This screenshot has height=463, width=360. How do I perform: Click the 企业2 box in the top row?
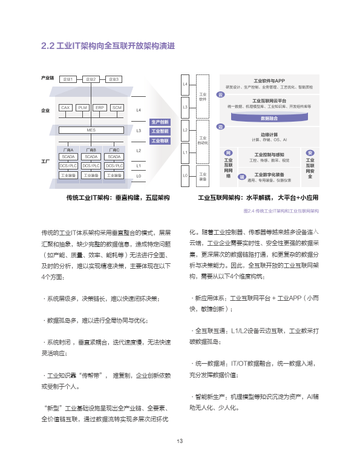90,79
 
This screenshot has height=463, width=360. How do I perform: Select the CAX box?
66,107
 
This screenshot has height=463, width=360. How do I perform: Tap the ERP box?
100,107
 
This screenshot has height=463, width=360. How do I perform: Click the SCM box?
117,107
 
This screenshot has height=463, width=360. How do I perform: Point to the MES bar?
91,130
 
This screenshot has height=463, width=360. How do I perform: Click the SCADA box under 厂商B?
91,156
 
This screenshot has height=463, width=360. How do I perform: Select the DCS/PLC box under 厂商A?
68,165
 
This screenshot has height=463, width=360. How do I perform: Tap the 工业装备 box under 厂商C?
114,176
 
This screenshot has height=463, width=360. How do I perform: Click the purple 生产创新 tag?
160,122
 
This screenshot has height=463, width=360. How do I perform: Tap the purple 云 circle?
221,95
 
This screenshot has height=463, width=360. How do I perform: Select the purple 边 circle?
221,126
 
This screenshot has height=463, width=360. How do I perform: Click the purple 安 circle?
310,153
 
